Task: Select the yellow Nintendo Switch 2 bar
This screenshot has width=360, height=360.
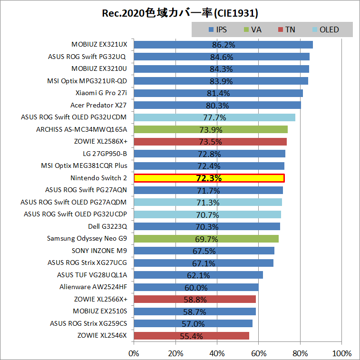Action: coord(209,178)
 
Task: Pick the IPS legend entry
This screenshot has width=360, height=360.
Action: coord(217,29)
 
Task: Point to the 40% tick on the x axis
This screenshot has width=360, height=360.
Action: coord(217,353)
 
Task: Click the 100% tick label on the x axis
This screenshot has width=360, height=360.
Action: coord(341,353)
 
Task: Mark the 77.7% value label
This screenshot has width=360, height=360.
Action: coord(214,117)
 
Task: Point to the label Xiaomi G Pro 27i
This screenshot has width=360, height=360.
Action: coord(101,93)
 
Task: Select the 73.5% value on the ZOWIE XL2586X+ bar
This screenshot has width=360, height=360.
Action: coord(210,142)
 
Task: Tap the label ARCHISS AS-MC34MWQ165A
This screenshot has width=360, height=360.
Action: coord(81,129)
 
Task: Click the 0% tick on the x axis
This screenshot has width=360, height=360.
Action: coord(134,353)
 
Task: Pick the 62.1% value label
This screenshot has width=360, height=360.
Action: coord(198,275)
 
